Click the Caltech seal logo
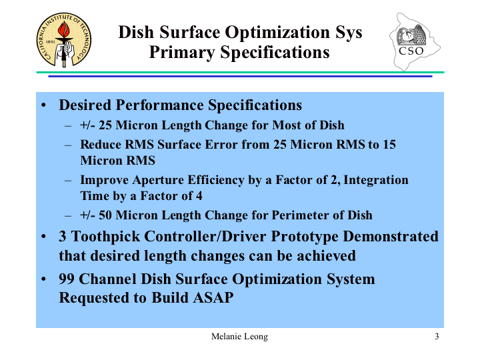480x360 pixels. [64, 40]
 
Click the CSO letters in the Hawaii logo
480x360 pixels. [411, 51]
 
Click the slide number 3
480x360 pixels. [437, 337]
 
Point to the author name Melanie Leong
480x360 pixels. [239, 337]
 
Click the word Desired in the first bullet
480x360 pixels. [85, 105]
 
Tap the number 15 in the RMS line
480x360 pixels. [389, 144]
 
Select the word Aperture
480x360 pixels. [157, 180]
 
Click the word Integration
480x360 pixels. [376, 180]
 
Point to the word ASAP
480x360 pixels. [213, 297]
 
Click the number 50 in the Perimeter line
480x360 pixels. [105, 215]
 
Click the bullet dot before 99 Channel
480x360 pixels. [43, 279]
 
